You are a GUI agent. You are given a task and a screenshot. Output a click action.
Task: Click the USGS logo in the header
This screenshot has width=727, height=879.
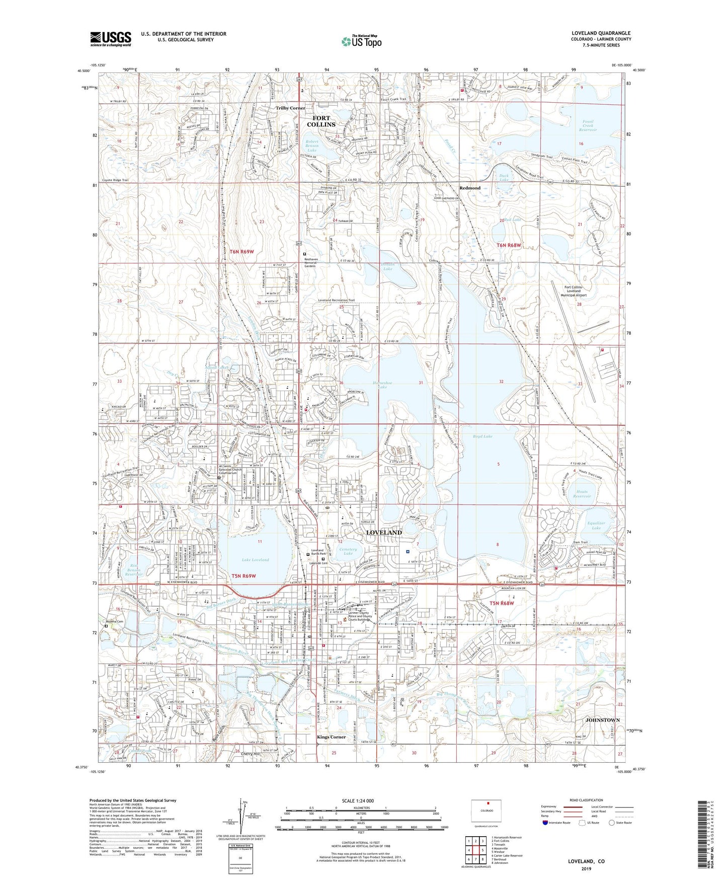click(111, 38)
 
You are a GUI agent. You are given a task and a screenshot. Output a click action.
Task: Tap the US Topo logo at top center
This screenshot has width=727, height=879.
click(361, 41)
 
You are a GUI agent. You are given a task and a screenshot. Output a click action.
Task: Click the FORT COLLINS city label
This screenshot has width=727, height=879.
click(321, 121)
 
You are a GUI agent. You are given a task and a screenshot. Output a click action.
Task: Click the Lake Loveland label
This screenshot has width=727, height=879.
click(255, 560)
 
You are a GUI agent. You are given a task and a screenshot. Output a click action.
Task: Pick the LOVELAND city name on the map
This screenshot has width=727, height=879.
click(384, 532)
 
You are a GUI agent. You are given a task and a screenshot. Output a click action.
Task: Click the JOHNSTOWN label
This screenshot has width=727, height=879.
click(602, 720)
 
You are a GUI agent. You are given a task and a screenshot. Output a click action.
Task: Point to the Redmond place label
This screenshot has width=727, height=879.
click(470, 188)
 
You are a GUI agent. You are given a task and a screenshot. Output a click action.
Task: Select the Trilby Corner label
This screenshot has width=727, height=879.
click(290, 108)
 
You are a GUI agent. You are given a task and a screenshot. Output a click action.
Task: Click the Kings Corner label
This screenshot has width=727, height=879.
click(331, 737)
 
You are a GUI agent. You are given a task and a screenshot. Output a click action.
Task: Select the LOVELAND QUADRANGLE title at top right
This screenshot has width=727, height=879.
click(601, 33)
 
